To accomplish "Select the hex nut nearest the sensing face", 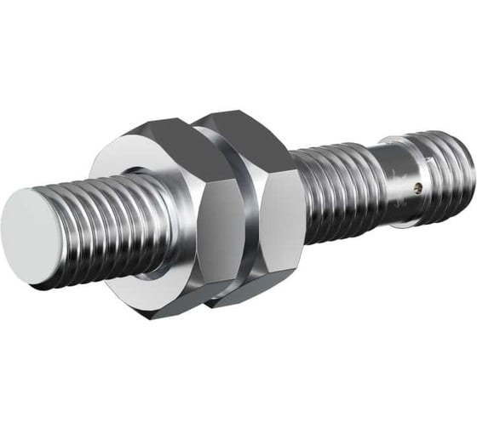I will [x=162, y=213].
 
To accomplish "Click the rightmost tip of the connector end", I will [x=469, y=153].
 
